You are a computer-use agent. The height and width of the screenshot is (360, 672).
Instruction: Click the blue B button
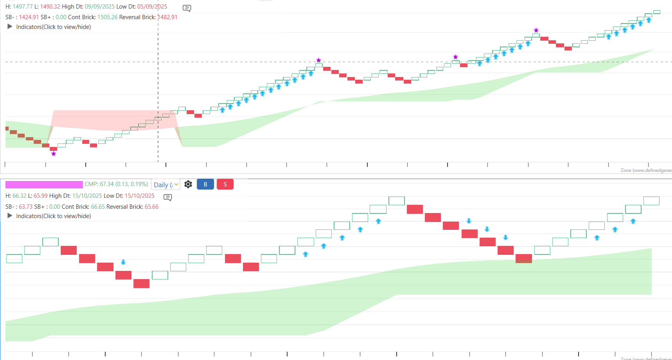[x=205, y=184]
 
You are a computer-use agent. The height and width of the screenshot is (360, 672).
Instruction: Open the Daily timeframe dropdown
[x=165, y=184]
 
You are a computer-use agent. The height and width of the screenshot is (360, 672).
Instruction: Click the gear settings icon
[x=188, y=184]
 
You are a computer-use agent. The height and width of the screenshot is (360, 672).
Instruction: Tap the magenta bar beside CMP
[x=44, y=184]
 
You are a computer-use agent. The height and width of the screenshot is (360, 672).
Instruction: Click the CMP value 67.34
[x=106, y=184]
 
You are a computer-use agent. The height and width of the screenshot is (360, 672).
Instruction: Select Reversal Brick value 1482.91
[x=167, y=17]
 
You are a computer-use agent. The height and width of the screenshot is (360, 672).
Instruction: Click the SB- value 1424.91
[x=29, y=17]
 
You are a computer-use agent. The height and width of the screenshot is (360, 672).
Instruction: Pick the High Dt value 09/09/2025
[x=100, y=7]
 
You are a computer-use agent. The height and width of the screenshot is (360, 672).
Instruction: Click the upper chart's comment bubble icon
[x=187, y=8]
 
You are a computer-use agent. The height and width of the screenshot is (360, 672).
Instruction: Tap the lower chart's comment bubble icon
[x=168, y=197]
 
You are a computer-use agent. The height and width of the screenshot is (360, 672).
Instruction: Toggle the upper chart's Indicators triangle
[x=10, y=27]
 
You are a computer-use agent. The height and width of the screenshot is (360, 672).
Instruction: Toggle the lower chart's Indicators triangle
[x=10, y=216]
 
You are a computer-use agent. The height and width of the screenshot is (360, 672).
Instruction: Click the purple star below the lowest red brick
[x=54, y=154]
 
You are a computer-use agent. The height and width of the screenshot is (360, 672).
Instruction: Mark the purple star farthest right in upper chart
[x=536, y=30]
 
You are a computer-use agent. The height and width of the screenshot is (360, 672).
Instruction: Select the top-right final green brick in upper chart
[x=656, y=12]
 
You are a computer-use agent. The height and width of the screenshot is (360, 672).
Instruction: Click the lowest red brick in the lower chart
[x=141, y=283]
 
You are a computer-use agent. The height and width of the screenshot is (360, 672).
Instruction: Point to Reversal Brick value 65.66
[x=151, y=207]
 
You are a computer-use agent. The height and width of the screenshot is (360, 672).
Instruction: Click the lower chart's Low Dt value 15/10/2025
[x=139, y=196]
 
